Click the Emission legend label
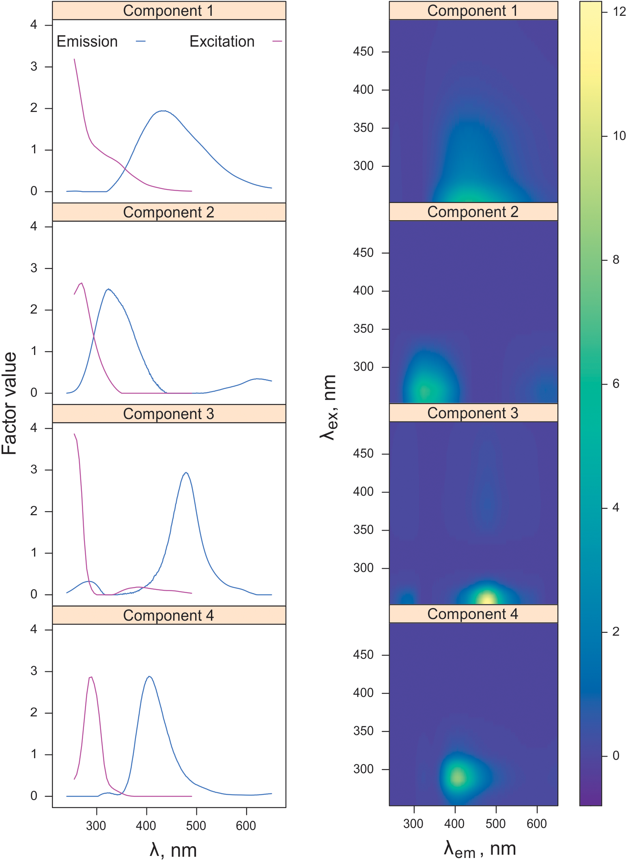pos(87,41)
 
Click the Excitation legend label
pos(222,41)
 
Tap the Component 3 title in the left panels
pos(168,414)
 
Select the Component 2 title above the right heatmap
pos(473,212)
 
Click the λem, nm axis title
pos(480,849)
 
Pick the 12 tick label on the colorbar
pos(619,11)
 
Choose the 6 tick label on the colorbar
pos(616,384)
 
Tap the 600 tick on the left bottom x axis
pos(246,826)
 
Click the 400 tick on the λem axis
pos(454,823)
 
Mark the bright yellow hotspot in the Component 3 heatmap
pos(487,599)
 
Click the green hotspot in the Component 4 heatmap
pos(458,777)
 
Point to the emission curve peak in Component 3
pos(186,473)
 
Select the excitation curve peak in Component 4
pos(91,677)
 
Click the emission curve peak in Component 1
pos(162,111)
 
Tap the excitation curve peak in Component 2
pos(82,283)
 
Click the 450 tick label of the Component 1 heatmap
pos(363,52)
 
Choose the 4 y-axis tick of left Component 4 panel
pos(34,629)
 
